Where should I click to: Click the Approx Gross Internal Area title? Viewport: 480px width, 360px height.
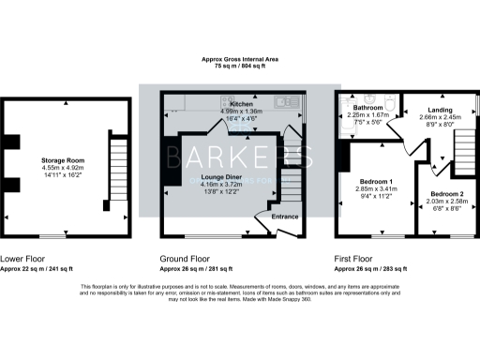pos(240,59)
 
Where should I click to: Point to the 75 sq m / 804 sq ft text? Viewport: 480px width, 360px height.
pos(240,67)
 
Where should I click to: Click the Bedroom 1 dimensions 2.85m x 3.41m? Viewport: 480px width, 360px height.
pos(379,188)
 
